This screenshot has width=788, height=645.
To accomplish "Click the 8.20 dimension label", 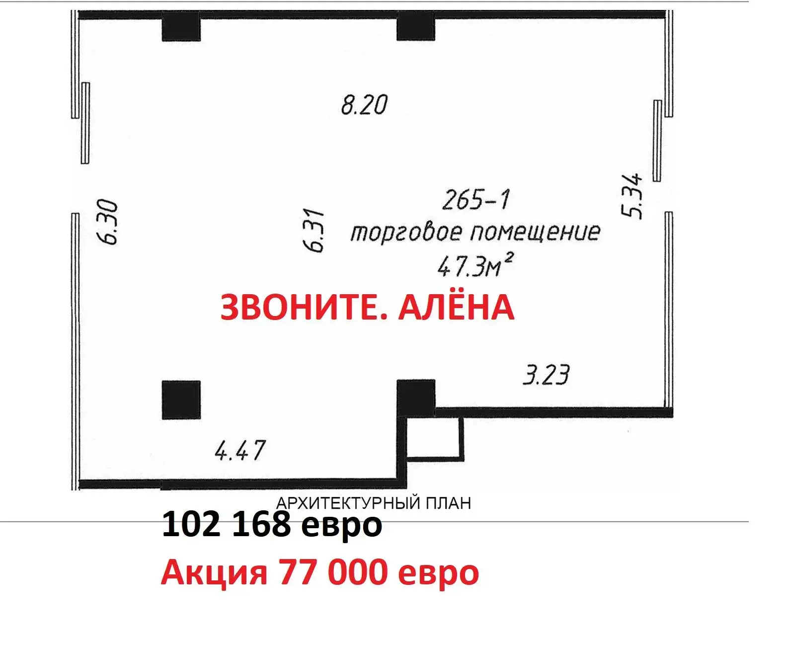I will (364, 105).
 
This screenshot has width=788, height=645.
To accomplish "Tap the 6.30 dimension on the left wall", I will (108, 222).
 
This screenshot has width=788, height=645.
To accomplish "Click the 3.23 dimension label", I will (546, 375).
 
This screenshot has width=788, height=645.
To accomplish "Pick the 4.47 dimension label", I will (240, 451).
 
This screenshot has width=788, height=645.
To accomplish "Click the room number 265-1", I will (476, 200).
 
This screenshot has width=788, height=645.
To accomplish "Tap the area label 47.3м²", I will (474, 266).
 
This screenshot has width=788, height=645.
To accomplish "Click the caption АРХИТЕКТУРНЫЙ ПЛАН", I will (373, 503).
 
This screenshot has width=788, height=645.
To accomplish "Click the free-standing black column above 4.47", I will (181, 400).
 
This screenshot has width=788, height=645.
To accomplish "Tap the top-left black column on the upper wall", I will (181, 27).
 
